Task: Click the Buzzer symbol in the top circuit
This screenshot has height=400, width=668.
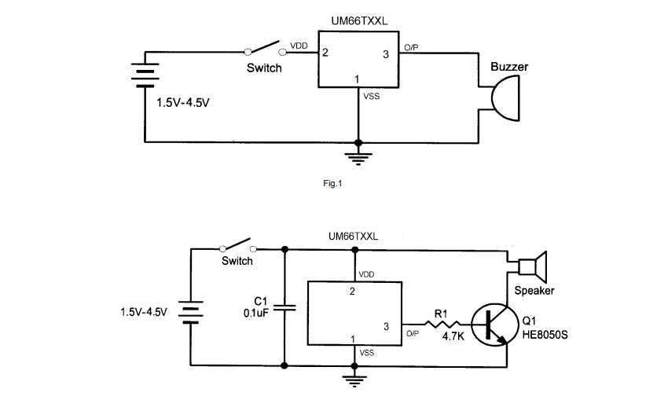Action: pos(505,98)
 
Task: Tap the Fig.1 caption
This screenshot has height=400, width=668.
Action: pos(332,184)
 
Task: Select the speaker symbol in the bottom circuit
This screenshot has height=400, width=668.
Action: pos(533,267)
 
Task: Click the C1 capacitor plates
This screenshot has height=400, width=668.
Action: pos(284,307)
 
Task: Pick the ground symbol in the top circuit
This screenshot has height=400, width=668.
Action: pos(358,159)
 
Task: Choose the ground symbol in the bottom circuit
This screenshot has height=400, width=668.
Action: pos(354,381)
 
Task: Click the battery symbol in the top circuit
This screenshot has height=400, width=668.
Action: pos(145,75)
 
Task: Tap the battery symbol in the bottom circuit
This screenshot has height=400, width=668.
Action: pos(190,312)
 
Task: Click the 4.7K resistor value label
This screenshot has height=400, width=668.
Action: pos(453,336)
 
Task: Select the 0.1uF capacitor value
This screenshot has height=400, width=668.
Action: pos(256,313)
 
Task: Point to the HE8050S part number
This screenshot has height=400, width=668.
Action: pos(545,335)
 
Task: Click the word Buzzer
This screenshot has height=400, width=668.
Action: pos(509,67)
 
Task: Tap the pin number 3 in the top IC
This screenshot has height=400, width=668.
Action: pos(386,54)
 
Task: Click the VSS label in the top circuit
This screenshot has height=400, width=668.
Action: pos(371,97)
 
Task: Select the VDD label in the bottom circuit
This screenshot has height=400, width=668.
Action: pos(366,275)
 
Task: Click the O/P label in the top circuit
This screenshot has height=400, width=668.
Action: pos(411,48)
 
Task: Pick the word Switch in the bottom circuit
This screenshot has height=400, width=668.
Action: pos(237,261)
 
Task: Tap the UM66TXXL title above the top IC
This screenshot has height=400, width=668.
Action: pos(359,21)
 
